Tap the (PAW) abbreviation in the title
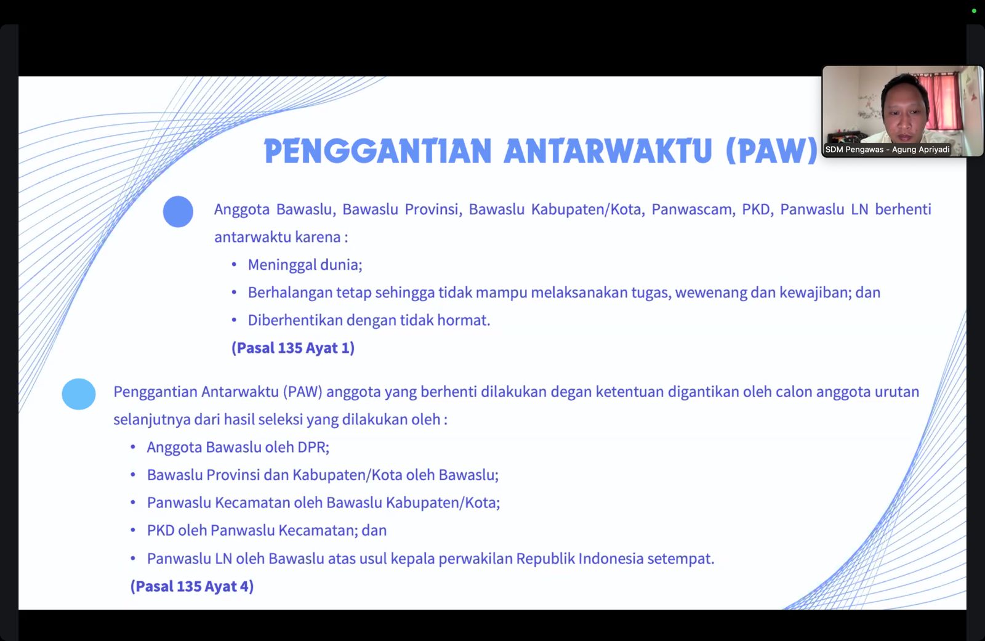[x=772, y=151]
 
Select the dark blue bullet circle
[x=178, y=212]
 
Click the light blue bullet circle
[x=79, y=394]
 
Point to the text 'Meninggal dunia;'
[x=305, y=265]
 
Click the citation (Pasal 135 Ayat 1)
[x=293, y=348]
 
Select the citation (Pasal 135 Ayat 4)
[x=192, y=586]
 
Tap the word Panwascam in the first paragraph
[x=692, y=209]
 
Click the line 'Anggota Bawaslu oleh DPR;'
[x=238, y=447]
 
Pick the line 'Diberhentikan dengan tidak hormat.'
[x=369, y=320]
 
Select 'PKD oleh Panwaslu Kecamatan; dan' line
[x=267, y=530]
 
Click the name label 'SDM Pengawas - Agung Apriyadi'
[x=887, y=150]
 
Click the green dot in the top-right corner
[x=974, y=10]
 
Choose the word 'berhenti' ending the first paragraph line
[x=903, y=209]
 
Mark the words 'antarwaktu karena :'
[x=281, y=237]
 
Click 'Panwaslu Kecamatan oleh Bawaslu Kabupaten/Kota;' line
[x=323, y=502]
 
